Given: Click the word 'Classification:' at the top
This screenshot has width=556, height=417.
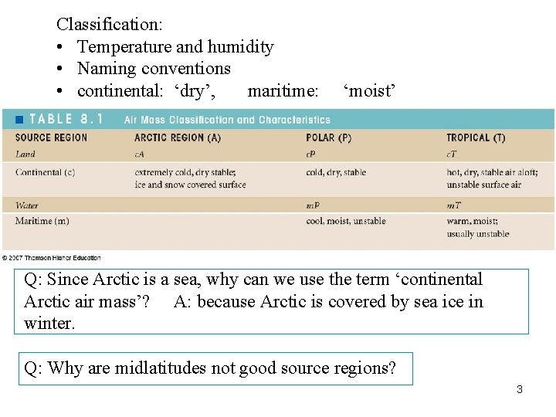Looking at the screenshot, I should [x=109, y=24].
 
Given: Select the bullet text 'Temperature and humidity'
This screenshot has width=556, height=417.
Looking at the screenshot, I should [x=175, y=47].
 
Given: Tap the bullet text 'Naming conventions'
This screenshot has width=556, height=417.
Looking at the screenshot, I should [x=154, y=69].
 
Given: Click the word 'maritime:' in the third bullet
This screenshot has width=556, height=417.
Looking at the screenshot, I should [x=283, y=92].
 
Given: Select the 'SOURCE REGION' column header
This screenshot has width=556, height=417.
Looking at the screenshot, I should [x=51, y=138].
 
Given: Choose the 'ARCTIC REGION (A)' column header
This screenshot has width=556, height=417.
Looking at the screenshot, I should [x=178, y=138].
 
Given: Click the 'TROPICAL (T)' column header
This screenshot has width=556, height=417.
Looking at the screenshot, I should [x=476, y=138].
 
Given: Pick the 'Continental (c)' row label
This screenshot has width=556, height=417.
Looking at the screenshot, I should [x=45, y=172].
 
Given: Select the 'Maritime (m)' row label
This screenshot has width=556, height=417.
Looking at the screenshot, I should [x=42, y=221].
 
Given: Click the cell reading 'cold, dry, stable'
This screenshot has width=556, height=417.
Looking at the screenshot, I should [x=336, y=172].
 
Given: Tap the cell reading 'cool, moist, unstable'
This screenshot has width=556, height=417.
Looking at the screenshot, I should [x=346, y=221].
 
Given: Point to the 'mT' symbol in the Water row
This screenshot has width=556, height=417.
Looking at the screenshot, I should [x=453, y=205].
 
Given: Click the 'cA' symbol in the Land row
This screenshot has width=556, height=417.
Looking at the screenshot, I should [x=139, y=154].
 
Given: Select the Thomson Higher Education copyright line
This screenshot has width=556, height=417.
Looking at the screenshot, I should [x=51, y=258].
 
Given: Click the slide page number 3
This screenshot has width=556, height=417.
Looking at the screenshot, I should [x=520, y=389].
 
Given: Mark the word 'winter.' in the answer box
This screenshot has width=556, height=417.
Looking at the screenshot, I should [x=49, y=323].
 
